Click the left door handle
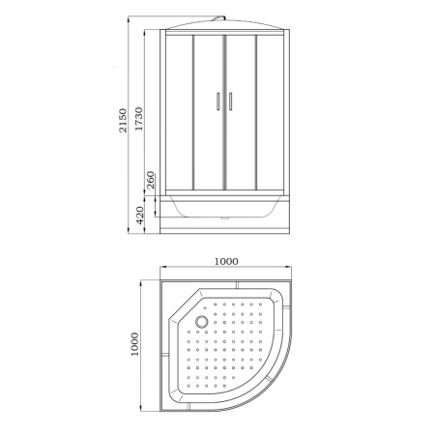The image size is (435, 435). coord(219,100)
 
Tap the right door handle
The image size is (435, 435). coord(231,100)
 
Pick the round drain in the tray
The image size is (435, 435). coord(201,323)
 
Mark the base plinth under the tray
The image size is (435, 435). coord(225,223)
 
